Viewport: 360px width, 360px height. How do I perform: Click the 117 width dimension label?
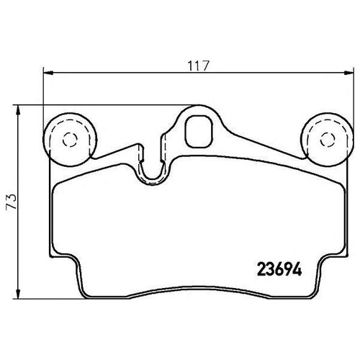(x=199, y=66)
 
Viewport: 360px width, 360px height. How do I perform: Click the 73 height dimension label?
(x=12, y=201)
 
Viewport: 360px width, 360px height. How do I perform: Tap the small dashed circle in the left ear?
(x=70, y=140)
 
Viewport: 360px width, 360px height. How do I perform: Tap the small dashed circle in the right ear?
(x=328, y=140)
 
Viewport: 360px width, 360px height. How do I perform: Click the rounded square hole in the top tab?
(x=199, y=131)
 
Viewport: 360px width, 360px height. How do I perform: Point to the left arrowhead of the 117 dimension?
(x=48, y=73)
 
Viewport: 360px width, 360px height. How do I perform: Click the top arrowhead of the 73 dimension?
(x=17, y=110)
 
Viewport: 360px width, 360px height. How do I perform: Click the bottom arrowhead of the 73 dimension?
(x=17, y=294)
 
